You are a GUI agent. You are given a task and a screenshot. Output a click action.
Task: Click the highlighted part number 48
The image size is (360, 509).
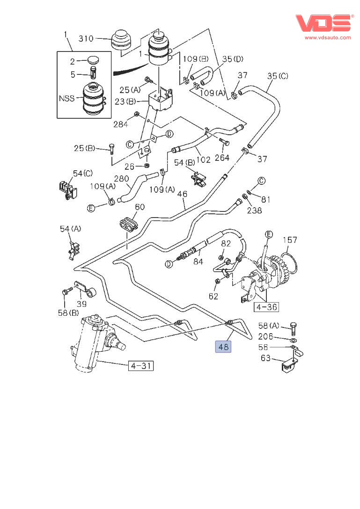coord(223,347)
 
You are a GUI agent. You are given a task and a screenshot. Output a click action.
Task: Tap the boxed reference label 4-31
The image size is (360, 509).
coord(141,365)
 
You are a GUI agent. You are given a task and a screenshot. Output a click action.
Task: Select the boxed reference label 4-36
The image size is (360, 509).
coord(265,307)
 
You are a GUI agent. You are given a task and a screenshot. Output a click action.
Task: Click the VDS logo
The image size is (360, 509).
coord(323,23)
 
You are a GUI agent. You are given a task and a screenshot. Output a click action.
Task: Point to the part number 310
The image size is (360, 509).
coord(87,38)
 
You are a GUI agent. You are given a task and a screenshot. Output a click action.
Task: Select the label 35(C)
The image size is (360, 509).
coord(278,76)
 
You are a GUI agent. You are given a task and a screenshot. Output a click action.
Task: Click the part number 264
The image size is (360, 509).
coord(222,158)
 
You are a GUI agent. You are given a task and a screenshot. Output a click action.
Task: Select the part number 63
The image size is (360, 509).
coord(265,359)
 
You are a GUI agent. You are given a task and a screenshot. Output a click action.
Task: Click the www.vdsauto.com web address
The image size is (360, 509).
coord(328,37)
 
